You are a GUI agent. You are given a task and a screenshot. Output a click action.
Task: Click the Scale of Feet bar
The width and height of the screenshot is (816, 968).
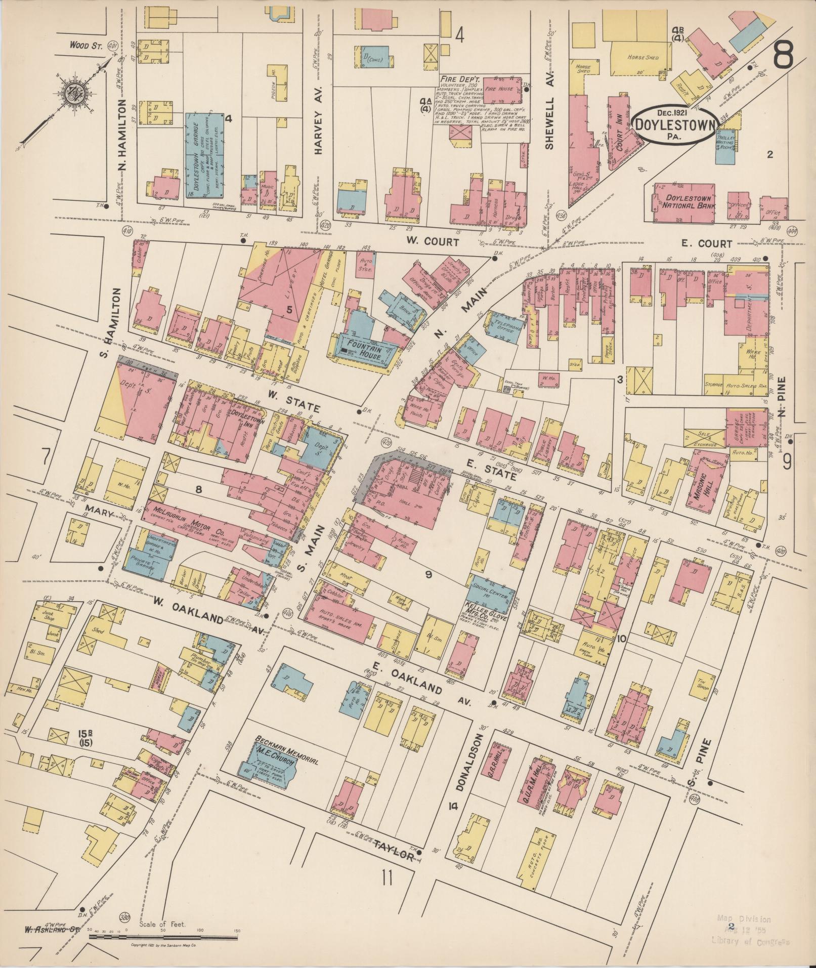[165, 938]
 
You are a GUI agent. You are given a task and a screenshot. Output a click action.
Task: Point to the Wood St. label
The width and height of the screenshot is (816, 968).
[87, 46]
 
